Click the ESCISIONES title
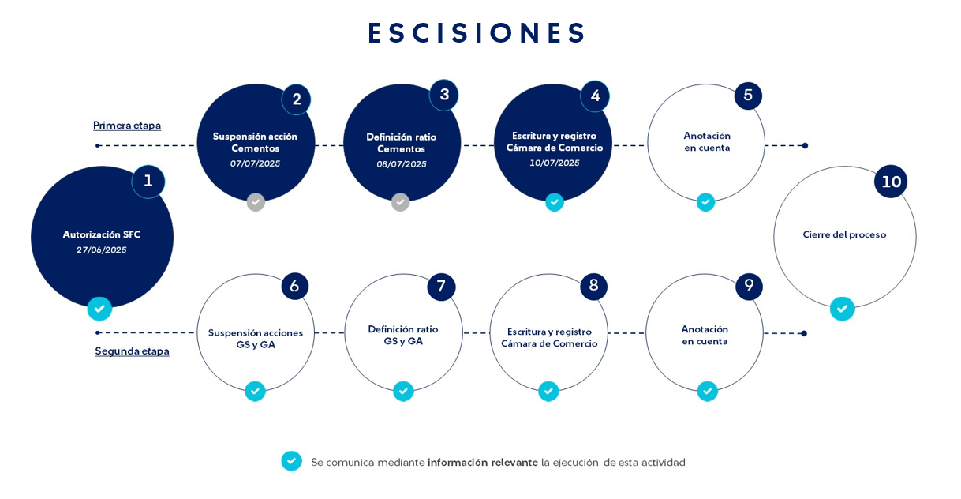click(477, 32)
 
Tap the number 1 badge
click(148, 182)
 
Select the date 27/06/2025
click(102, 250)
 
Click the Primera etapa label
click(127, 126)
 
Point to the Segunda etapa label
click(132, 351)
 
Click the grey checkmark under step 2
click(256, 202)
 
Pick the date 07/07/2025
click(256, 163)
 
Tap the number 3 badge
click(444, 95)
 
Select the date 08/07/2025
click(402, 164)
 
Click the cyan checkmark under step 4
click(555, 202)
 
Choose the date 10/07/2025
click(555, 163)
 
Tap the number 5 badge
click(748, 96)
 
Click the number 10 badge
click(891, 182)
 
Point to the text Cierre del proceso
click(844, 235)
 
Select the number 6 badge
click(295, 286)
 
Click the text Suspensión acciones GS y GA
click(256, 339)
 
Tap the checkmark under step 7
click(403, 391)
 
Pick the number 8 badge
click(594, 285)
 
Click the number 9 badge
click(749, 286)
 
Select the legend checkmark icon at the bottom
click(291, 461)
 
